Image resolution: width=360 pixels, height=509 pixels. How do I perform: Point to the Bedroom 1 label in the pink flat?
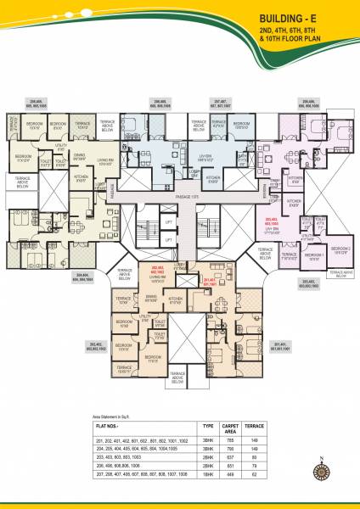313,254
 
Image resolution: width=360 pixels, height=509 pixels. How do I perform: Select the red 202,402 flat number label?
158,270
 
